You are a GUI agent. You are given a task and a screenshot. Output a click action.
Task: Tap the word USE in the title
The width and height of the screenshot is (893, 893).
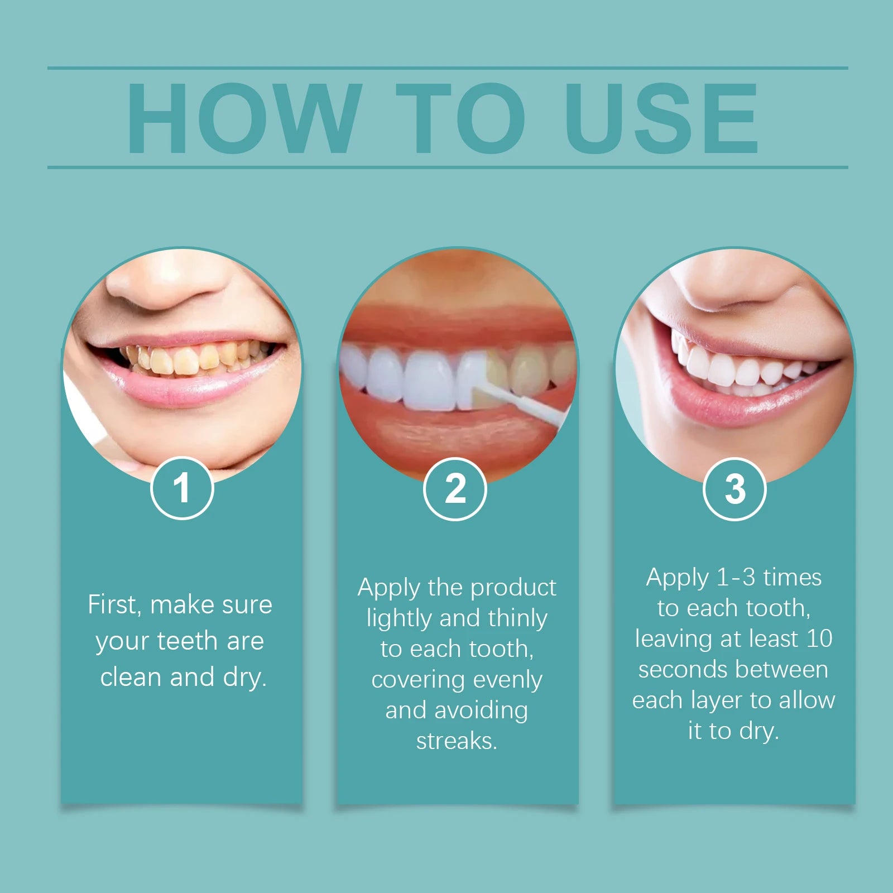661,118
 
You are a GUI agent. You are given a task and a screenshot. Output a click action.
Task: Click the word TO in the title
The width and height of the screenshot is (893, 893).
460,118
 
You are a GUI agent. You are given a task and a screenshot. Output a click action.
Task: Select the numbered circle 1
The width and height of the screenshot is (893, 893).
182,488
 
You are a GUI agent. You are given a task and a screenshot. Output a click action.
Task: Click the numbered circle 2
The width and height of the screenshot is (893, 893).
455,489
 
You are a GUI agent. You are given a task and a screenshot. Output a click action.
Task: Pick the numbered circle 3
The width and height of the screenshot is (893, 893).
734,489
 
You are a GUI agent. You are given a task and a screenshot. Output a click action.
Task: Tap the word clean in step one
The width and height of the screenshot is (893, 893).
132,677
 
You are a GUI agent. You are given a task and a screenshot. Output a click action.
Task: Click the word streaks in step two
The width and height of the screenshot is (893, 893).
456,741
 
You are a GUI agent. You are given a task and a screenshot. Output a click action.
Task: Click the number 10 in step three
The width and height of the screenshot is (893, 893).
819,638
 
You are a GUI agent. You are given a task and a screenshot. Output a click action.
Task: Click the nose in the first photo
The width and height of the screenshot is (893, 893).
167,285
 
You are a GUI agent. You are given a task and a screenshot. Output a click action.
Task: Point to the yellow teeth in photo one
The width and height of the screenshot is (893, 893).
184,360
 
